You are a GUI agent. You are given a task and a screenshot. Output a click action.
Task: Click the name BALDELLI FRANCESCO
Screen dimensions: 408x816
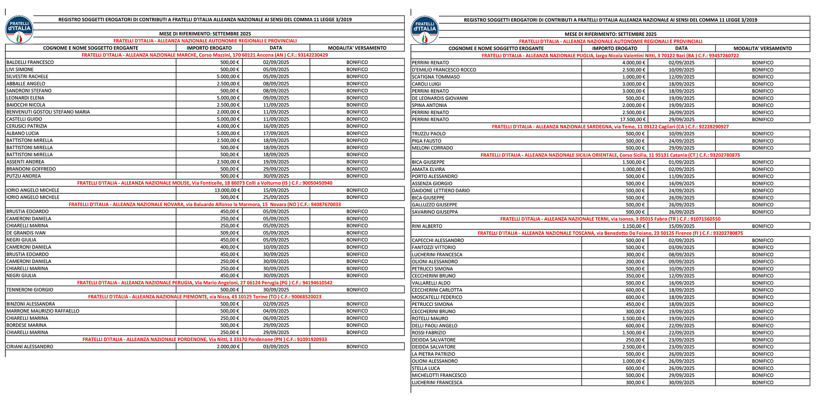tap(30, 62)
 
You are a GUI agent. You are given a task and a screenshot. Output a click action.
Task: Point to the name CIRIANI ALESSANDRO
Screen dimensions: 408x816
tap(30, 347)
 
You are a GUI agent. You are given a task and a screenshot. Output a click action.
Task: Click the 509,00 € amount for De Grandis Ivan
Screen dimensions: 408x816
tap(230, 233)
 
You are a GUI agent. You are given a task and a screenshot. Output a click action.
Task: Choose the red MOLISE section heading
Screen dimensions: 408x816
tap(205, 183)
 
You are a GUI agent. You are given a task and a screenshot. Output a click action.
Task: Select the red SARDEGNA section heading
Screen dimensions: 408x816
tap(610, 127)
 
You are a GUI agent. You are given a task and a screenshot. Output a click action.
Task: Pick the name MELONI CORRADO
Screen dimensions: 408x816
tap(432, 148)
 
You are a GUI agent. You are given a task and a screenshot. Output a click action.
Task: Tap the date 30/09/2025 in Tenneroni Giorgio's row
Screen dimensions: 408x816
tap(276, 290)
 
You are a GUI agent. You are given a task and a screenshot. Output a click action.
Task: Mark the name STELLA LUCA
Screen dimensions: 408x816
tap(426, 368)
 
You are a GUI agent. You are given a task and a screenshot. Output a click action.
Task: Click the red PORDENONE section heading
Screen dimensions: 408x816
tap(205, 339)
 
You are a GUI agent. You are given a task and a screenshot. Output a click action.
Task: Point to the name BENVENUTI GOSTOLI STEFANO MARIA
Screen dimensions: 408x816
tap(48, 112)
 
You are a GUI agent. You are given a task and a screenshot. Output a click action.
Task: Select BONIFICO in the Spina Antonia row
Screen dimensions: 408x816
tap(763, 105)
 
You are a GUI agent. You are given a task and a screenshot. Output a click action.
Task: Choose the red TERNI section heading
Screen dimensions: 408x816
tap(610, 219)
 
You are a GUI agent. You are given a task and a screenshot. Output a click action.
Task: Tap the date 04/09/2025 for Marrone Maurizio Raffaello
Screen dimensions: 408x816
tap(276, 311)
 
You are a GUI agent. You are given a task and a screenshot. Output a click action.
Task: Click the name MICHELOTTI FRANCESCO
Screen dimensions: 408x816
tap(439, 375)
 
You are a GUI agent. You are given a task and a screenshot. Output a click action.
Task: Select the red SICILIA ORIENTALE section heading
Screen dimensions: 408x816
tap(610, 155)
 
